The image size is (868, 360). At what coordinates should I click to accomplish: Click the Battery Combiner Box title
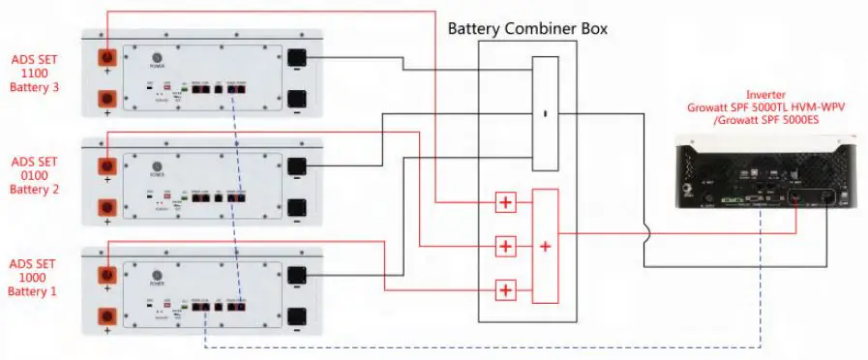(527, 29)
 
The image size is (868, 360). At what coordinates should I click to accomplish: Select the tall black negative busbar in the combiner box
(546, 114)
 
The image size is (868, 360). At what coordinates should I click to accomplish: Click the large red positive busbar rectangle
(546, 246)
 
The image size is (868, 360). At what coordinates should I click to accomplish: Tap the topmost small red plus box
(504, 202)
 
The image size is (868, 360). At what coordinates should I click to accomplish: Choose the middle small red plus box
(504, 246)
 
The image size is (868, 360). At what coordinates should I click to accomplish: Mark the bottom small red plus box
(504, 289)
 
